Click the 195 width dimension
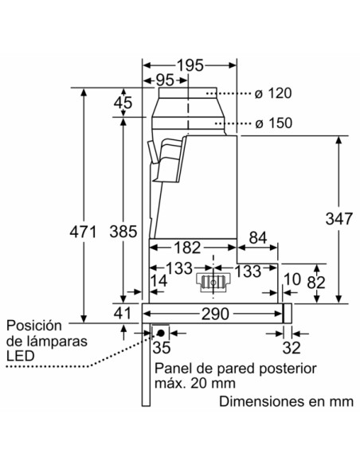[x=190, y=64]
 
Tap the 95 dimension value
[x=165, y=80]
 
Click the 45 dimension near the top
[x=123, y=102]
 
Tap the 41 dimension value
[x=122, y=314]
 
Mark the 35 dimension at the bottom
[x=162, y=347]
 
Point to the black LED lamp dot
[x=161, y=332]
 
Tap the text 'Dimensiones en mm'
[x=286, y=401]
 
